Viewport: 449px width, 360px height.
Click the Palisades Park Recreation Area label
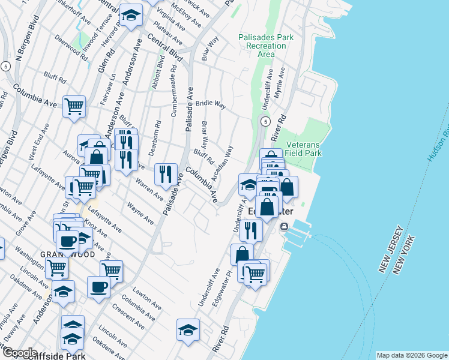[x=266, y=46]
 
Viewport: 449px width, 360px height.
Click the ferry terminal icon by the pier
[x=283, y=226]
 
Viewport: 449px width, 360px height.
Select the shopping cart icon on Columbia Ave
[x=74, y=107]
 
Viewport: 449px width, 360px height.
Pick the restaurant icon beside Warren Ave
[x=166, y=174]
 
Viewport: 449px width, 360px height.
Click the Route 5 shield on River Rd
[x=265, y=121]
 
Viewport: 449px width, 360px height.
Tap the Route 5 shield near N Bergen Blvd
[x=5, y=65]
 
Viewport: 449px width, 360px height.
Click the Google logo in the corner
[x=20, y=353]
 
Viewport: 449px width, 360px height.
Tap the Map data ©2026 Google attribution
[x=412, y=355]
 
